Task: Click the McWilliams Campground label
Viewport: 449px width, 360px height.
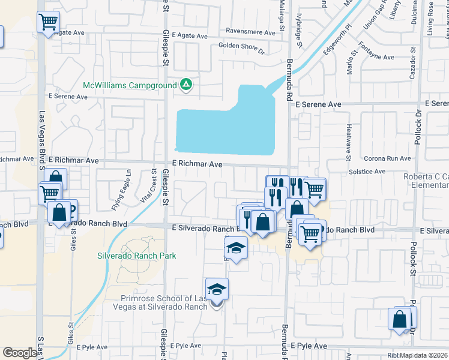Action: (130, 85)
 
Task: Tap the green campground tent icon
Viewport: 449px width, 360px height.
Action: (186, 85)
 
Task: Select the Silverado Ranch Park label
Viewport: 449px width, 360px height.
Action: (137, 256)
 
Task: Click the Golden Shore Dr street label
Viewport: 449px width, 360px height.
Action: (241, 45)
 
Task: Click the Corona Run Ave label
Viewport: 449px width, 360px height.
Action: (388, 158)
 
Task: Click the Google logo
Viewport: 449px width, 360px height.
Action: (20, 352)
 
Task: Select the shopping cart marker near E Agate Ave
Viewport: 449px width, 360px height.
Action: (48, 23)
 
